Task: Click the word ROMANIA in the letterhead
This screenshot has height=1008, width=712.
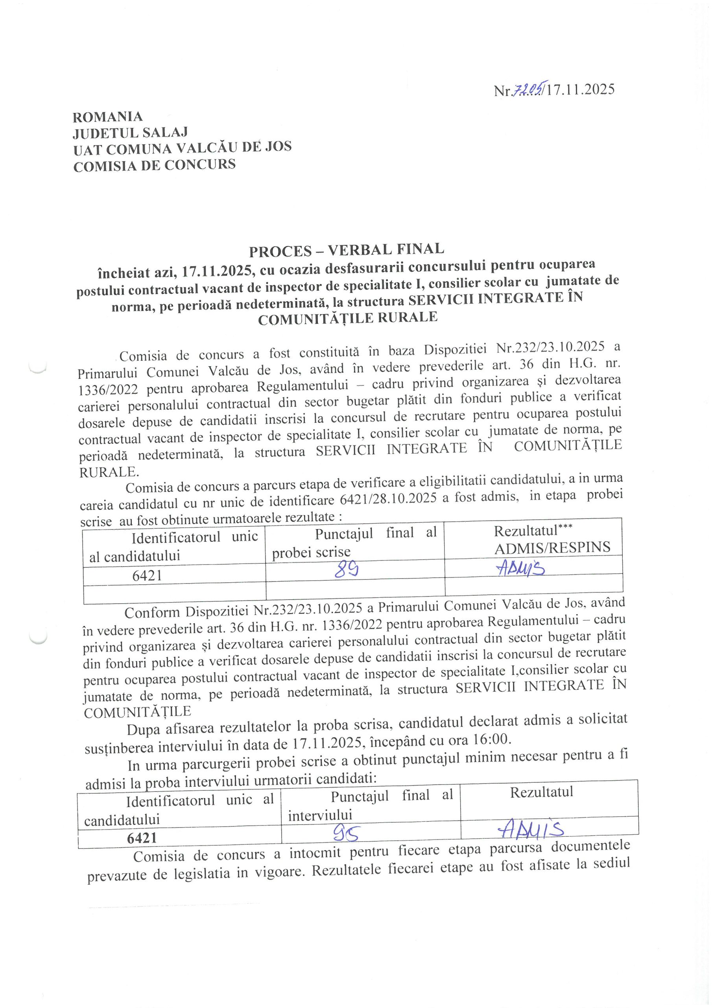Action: click(x=107, y=117)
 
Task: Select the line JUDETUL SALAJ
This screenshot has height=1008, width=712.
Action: click(x=130, y=133)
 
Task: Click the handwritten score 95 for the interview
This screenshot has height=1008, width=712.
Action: click(x=346, y=832)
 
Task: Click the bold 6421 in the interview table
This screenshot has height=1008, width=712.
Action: click(x=142, y=838)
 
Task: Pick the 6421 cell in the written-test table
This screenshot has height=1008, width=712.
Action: click(x=147, y=575)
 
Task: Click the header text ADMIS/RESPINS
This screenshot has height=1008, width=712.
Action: click(x=552, y=547)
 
